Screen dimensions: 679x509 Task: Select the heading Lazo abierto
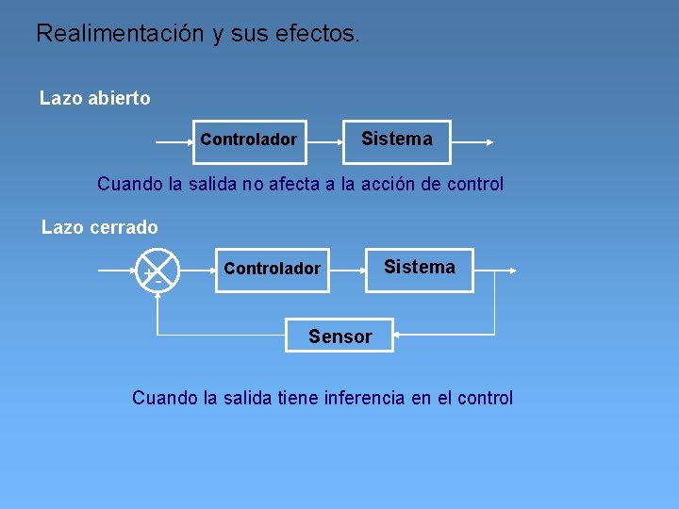tap(94, 98)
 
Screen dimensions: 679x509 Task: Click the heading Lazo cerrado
tap(100, 227)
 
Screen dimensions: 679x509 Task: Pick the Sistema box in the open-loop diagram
tap(396, 141)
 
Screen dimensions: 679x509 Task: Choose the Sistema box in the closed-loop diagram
tap(420, 269)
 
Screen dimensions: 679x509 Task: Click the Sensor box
tap(339, 336)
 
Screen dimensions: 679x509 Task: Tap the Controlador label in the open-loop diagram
tap(248, 140)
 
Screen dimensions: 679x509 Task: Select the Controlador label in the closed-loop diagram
tap(272, 269)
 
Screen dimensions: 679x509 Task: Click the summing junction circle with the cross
tap(157, 271)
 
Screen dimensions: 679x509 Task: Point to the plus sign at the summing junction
tap(147, 272)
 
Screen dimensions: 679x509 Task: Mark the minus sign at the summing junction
tap(157, 282)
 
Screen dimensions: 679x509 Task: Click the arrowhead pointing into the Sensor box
tap(398, 334)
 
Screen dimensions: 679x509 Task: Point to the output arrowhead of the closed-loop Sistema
tap(512, 271)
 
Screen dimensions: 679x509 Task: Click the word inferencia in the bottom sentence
tap(364, 398)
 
